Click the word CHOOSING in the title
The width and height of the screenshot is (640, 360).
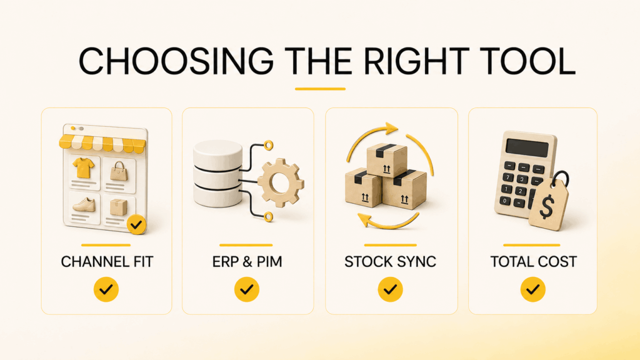176,61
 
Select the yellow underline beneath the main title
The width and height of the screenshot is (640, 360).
321,89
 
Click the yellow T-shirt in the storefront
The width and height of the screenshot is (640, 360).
83,167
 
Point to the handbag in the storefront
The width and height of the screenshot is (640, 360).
119,171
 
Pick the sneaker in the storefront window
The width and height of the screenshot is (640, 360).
84,204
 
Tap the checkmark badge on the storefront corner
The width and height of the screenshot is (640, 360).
136,224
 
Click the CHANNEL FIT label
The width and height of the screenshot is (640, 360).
107,262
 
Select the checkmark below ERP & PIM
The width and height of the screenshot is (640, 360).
246,289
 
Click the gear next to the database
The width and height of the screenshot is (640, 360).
281,182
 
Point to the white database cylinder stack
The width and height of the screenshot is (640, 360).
218,174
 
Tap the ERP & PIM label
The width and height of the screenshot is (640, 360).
247,262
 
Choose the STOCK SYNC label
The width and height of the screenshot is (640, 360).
390,262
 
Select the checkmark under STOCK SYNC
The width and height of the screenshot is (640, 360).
390,289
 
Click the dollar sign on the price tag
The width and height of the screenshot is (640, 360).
546,206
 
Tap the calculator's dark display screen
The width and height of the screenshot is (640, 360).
527,147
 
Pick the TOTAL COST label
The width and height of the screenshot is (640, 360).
534,262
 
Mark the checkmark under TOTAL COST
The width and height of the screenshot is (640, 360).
532,289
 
